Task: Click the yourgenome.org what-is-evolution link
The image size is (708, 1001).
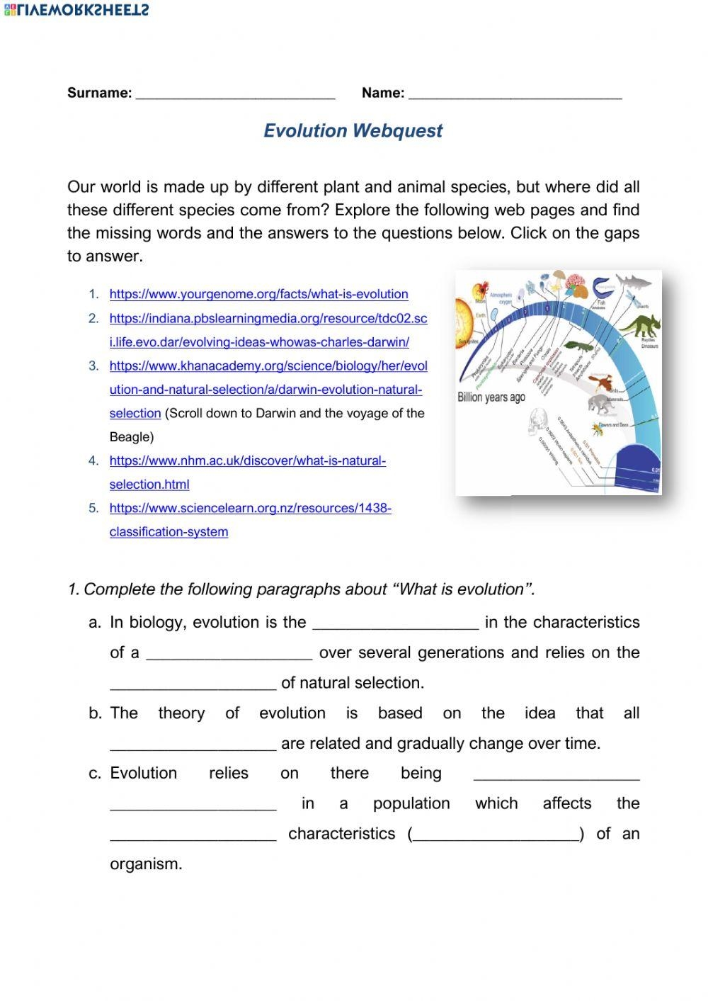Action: pyautogui.click(x=258, y=294)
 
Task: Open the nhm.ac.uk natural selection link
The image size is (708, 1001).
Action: pyautogui.click(x=247, y=461)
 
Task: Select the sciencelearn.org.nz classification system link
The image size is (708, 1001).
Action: pyautogui.click(x=250, y=509)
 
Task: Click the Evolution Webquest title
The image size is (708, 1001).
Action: pyautogui.click(x=353, y=131)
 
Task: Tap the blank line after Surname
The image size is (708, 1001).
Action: pyautogui.click(x=235, y=94)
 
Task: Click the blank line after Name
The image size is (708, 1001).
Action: pyautogui.click(x=515, y=94)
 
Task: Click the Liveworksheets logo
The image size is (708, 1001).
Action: pyautogui.click(x=76, y=9)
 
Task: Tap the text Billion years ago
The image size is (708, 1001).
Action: pyautogui.click(x=491, y=397)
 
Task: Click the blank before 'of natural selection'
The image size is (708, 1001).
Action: pyautogui.click(x=193, y=683)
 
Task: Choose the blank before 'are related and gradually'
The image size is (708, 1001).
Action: pyautogui.click(x=193, y=744)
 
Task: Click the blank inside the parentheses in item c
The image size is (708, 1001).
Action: pyautogui.click(x=496, y=835)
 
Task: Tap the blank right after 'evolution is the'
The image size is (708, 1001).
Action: pyautogui.click(x=395, y=623)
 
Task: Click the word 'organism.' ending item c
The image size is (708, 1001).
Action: pyautogui.click(x=146, y=864)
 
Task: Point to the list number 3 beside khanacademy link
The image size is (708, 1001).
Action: pyautogui.click(x=93, y=366)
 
